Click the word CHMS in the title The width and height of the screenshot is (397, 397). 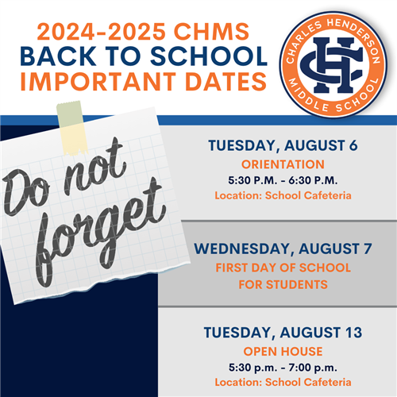[211, 32]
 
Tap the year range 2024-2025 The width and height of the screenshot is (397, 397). [102, 32]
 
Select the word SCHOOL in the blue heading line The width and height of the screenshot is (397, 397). [209, 56]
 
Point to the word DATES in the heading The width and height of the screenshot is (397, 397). [225, 81]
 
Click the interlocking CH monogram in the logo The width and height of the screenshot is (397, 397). [333, 65]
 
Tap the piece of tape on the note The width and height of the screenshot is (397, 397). [72, 128]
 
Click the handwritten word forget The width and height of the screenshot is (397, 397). [101, 233]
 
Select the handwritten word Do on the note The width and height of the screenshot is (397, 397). [26, 192]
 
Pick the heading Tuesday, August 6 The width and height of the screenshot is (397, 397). [283, 145]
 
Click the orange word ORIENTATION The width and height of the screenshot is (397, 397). [283, 164]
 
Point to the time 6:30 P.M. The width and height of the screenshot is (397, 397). [313, 180]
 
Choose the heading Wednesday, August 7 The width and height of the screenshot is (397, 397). [283, 249]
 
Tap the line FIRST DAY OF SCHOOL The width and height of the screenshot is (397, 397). [283, 268]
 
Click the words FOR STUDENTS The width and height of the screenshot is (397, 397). [283, 285]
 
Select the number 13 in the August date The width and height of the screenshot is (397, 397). [353, 333]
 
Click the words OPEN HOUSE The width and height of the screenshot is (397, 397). [283, 352]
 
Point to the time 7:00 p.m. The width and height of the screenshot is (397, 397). [313, 368]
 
